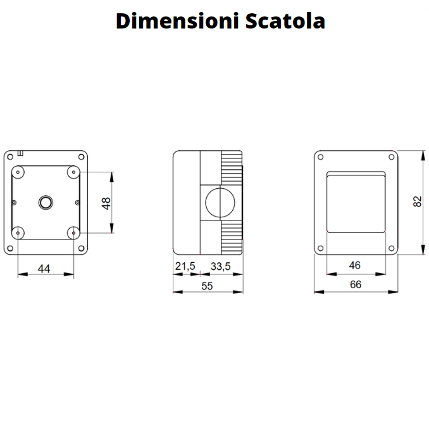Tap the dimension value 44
44,269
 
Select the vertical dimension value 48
106,203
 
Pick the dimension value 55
207,286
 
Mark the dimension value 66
356,285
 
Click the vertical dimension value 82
417,201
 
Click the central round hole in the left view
46,202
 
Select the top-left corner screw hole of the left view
10,156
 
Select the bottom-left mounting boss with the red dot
18,233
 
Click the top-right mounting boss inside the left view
73,172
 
